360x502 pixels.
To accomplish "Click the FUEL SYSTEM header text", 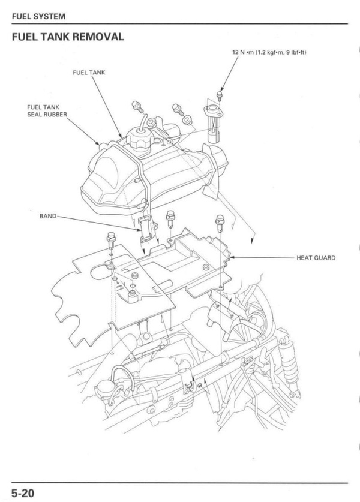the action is point(38,16).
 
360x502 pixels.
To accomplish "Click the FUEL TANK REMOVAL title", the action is point(68,37).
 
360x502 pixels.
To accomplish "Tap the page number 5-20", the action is point(23,493).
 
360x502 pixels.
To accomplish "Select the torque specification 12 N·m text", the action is point(269,52).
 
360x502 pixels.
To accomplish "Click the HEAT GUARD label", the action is point(316,258).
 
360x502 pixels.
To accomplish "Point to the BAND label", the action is point(48,216).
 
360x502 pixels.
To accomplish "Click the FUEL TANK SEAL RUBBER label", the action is point(47,111).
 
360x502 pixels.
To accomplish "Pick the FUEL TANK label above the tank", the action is point(89,73).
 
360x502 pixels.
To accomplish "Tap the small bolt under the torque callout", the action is point(220,95).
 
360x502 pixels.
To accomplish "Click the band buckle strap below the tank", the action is point(146,228).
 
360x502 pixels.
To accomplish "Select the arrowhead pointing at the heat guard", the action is point(232,257).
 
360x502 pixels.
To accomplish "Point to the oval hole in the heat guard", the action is point(103,272).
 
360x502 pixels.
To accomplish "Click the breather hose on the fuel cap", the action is point(143,121).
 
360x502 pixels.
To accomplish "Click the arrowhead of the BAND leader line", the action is point(139,230).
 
